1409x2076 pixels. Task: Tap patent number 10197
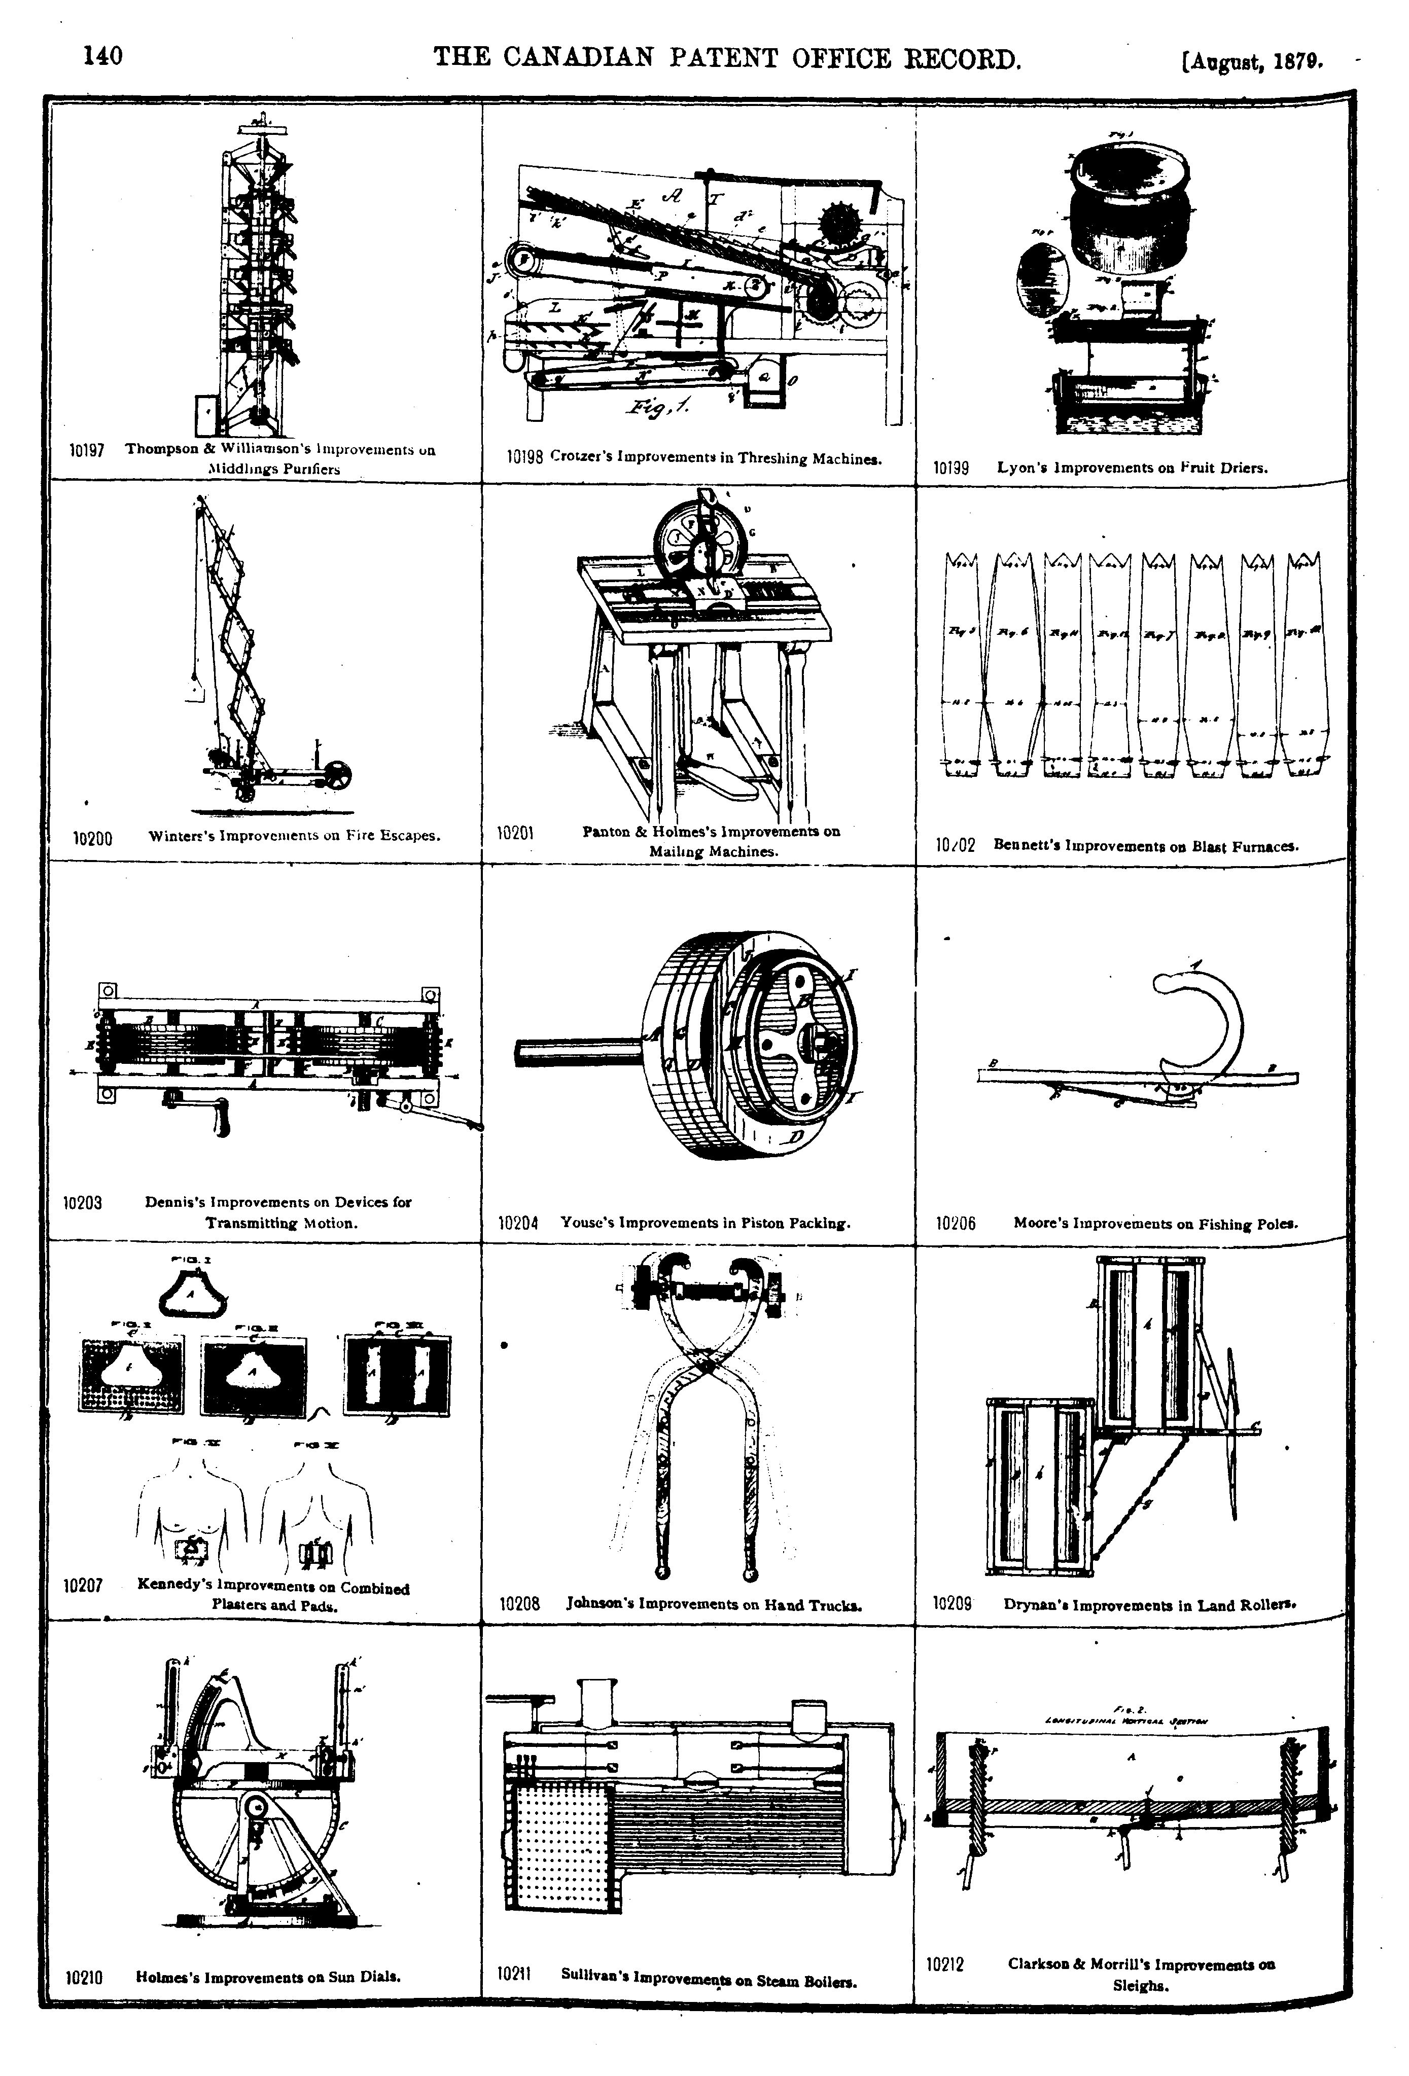pyautogui.click(x=88, y=451)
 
